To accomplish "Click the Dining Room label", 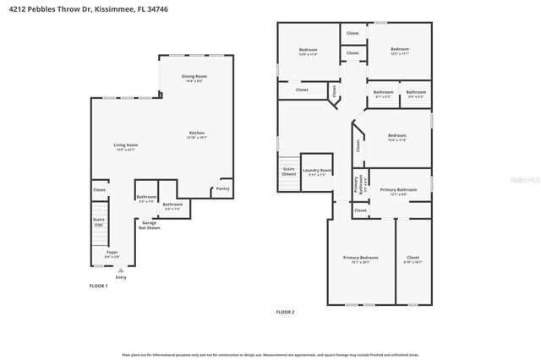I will (194, 76).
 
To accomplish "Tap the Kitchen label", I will (197, 133).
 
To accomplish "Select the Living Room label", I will (126, 145).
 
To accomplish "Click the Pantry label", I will (222, 189).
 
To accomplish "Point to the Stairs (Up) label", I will (98, 221).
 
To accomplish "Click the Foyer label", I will (112, 253).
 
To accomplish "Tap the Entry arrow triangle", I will (120, 270).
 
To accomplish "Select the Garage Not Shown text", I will (149, 225).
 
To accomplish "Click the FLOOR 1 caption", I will (99, 286).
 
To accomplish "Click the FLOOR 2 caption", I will (285, 312).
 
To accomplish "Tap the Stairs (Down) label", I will (288, 171).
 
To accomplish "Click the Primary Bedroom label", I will (360, 257).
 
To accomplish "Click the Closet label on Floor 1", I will (99, 190).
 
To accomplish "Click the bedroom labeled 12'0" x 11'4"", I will (308, 51).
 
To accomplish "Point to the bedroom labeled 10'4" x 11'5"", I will (397, 136).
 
